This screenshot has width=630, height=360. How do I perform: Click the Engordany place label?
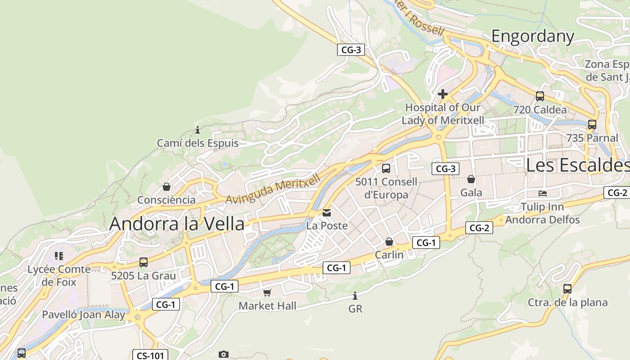pyautogui.click(x=532, y=36)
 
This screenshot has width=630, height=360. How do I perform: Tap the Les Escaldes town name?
pyautogui.click(x=577, y=165)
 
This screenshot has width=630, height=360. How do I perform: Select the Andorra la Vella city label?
pyautogui.click(x=177, y=224)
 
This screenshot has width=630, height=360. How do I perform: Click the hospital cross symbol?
pyautogui.click(x=443, y=94)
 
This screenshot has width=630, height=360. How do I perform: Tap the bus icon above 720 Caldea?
pyautogui.click(x=540, y=96)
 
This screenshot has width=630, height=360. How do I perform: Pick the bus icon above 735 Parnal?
pyautogui.click(x=592, y=125)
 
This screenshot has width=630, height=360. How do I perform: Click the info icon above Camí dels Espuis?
pyautogui.click(x=197, y=130)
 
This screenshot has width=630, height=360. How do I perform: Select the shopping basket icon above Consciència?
pyautogui.click(x=166, y=187)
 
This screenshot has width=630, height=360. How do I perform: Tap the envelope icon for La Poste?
pyautogui.click(x=327, y=212)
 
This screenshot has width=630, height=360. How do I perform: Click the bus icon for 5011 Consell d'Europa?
pyautogui.click(x=386, y=169)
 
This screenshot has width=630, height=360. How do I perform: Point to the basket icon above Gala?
pyautogui.click(x=471, y=180)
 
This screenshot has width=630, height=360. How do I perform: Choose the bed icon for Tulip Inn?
pyautogui.click(x=543, y=193)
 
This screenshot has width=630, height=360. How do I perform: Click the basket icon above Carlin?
pyautogui.click(x=389, y=242)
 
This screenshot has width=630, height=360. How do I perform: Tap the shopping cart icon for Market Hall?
pyautogui.click(x=267, y=293)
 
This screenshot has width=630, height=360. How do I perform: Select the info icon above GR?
pyautogui.click(x=355, y=296)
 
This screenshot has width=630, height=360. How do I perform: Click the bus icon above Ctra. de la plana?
pyautogui.click(x=567, y=288)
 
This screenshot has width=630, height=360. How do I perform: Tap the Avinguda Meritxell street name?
pyautogui.click(x=273, y=189)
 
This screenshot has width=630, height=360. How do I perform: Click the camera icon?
pyautogui.click(x=224, y=355)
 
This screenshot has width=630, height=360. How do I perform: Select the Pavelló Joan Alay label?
pyautogui.click(x=84, y=315)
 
